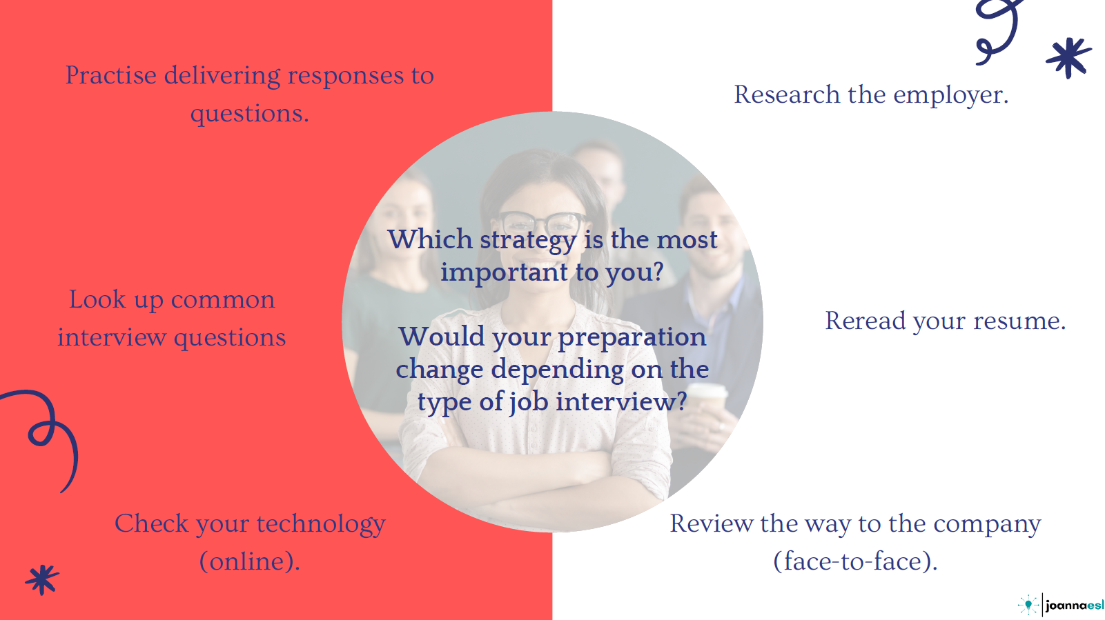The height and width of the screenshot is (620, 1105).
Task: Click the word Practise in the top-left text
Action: point(111,75)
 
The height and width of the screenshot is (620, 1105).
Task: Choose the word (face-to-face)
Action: point(855,561)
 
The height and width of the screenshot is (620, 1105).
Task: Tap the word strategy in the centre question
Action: point(528,241)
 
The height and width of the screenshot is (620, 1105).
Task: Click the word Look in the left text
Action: point(97,299)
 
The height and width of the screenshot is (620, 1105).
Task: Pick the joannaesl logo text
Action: point(1075,605)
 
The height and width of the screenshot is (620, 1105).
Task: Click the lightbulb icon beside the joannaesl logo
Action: point(1028,605)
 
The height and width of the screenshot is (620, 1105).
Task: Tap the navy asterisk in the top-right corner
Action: point(1068,58)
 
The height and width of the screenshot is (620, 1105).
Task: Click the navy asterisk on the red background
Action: point(42,579)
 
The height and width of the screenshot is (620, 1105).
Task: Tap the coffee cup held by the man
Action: point(706,404)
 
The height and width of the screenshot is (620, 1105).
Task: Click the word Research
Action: point(787,94)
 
